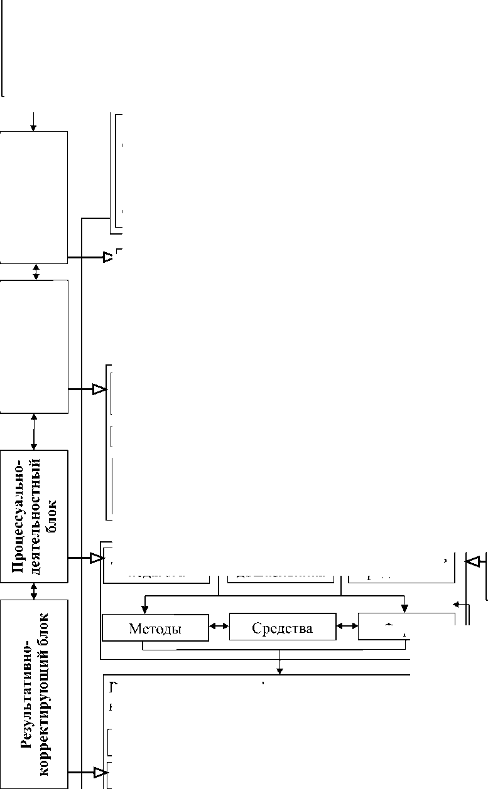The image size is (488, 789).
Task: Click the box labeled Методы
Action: [155, 628]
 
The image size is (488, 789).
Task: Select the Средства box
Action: [282, 627]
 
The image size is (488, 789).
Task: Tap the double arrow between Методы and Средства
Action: [219, 626]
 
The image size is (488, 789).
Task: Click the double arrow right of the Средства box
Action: [347, 626]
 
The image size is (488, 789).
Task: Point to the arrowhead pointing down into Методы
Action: [145, 608]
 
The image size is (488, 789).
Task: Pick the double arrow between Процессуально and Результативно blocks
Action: [34, 591]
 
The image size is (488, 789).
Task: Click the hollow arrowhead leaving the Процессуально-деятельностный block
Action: [98, 557]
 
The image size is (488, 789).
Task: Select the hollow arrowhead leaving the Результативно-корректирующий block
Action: [99, 773]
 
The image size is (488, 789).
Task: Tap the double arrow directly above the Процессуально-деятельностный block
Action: [34, 432]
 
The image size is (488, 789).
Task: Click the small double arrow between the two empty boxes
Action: [36, 272]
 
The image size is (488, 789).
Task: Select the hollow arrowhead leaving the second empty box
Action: [99, 389]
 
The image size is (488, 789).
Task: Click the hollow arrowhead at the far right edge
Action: [472, 561]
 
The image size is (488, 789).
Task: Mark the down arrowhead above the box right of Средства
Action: [404, 608]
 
